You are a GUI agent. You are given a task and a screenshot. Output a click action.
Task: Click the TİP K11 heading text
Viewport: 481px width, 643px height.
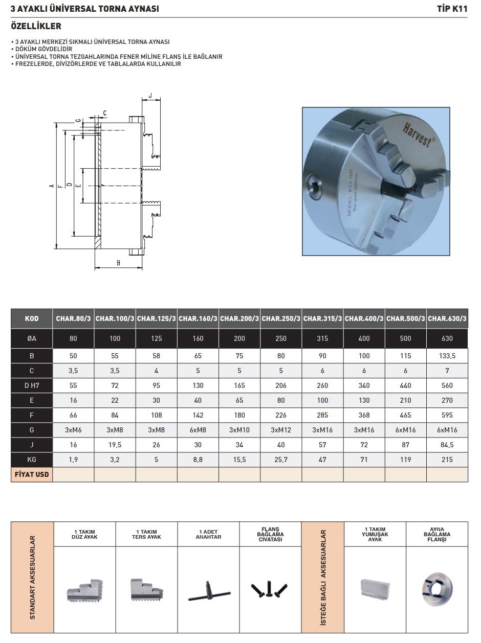[452, 9]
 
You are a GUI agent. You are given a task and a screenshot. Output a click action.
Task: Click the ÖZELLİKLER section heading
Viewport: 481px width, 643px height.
[36, 26]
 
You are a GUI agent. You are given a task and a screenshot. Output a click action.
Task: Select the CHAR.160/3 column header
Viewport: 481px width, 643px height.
[198, 318]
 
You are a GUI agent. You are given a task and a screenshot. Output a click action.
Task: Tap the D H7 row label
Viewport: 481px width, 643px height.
[32, 385]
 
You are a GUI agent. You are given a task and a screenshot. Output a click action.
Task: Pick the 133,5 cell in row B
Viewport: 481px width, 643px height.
[447, 356]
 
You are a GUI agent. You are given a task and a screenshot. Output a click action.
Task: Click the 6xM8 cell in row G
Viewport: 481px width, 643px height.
[198, 430]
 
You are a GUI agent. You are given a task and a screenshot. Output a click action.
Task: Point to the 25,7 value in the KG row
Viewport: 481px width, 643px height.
[281, 460]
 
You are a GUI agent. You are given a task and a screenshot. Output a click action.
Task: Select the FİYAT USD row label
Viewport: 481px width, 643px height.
[32, 474]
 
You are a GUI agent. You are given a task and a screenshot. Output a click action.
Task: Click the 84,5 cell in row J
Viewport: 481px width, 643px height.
[447, 445]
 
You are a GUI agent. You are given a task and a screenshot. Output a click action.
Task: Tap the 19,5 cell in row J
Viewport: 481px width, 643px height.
[115, 445]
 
